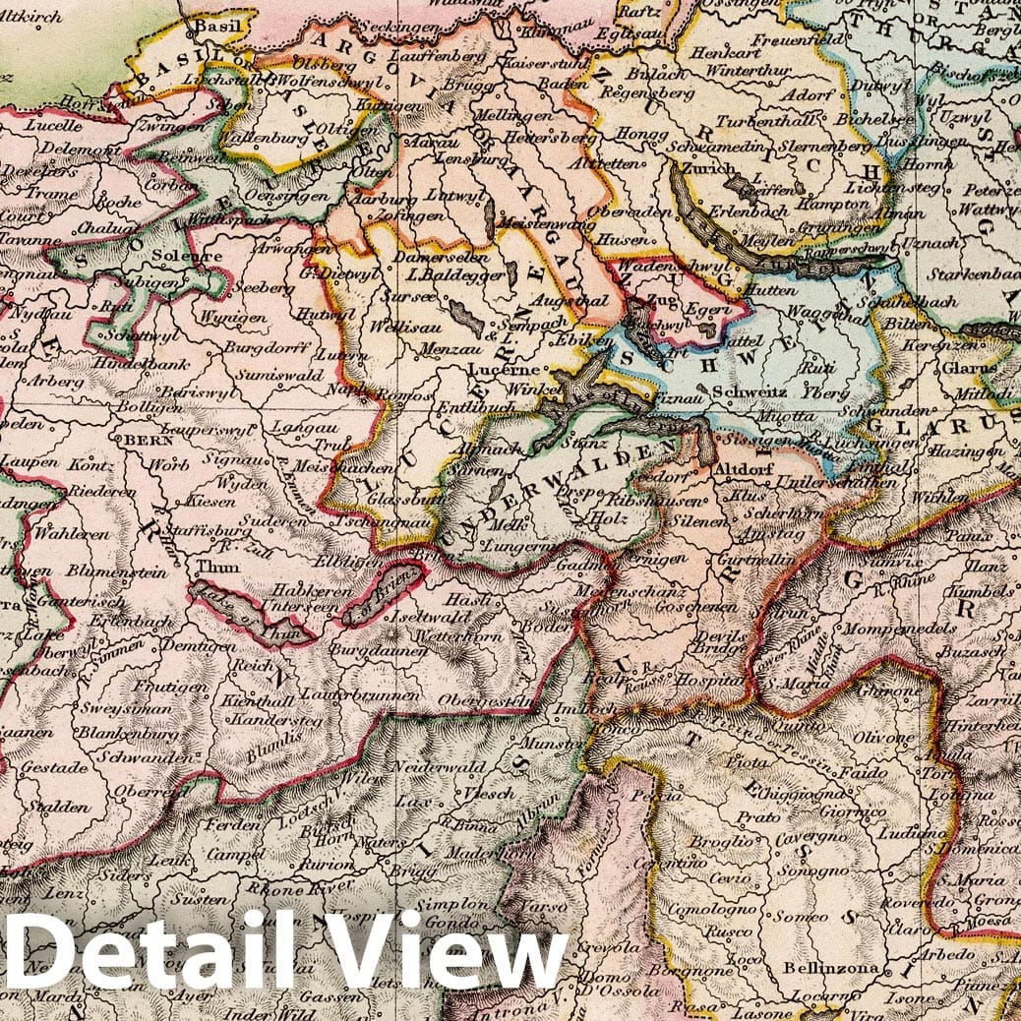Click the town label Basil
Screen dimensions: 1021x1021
click(217, 27)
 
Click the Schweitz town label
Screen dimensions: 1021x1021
click(751, 390)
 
